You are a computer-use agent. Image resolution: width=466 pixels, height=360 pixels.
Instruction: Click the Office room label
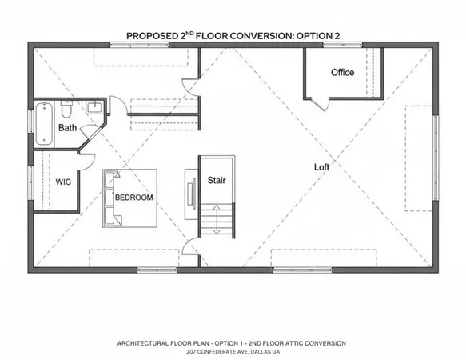click(x=342, y=73)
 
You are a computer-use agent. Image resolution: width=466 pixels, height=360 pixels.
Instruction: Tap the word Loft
click(x=321, y=167)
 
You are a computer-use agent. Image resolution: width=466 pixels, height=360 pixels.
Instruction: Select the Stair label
click(x=217, y=181)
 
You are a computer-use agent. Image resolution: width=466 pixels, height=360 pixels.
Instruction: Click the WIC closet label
click(x=64, y=182)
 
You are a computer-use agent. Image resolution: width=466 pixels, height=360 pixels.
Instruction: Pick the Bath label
click(x=67, y=127)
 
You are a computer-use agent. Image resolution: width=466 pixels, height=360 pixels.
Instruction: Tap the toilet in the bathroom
click(x=67, y=108)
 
